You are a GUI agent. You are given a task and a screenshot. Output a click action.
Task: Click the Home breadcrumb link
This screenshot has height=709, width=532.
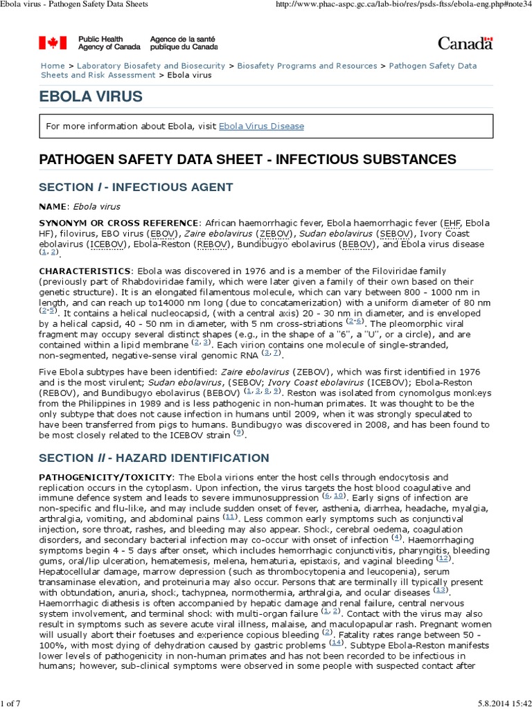click(x=53, y=66)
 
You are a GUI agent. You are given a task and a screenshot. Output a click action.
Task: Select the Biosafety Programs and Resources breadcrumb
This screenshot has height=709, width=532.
click(x=307, y=66)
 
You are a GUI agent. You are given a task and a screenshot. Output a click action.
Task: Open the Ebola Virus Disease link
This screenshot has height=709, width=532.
click(x=261, y=126)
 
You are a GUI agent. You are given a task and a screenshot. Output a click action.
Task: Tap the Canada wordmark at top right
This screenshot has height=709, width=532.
click(x=465, y=43)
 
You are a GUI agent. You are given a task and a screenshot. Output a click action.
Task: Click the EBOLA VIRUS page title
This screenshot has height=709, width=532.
click(x=91, y=96)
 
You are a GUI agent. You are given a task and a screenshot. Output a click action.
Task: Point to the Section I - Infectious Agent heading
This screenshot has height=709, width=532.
click(x=136, y=187)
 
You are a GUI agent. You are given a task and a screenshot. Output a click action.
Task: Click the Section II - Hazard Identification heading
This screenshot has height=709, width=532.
click(x=154, y=458)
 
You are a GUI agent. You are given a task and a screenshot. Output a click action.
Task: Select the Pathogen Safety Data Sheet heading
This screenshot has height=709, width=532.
click(x=247, y=159)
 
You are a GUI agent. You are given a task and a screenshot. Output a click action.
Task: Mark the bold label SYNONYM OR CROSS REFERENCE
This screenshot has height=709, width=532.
click(x=118, y=223)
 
